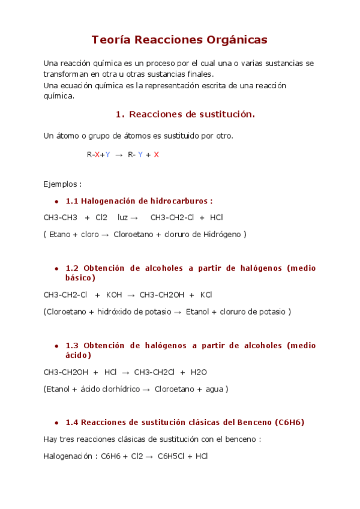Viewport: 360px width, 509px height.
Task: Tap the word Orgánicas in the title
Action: point(236,40)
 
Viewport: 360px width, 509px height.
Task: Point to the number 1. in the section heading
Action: point(119,114)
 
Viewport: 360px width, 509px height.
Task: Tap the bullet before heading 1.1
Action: point(56,201)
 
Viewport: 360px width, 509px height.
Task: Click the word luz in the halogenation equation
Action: point(123,217)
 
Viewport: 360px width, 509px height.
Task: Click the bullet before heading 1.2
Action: point(56,268)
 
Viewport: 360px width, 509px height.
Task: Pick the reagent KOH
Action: point(113,295)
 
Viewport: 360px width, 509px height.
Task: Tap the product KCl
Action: point(206,295)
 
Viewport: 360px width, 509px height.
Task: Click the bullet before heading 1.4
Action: point(56,423)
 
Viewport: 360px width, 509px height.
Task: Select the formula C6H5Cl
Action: point(170,456)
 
